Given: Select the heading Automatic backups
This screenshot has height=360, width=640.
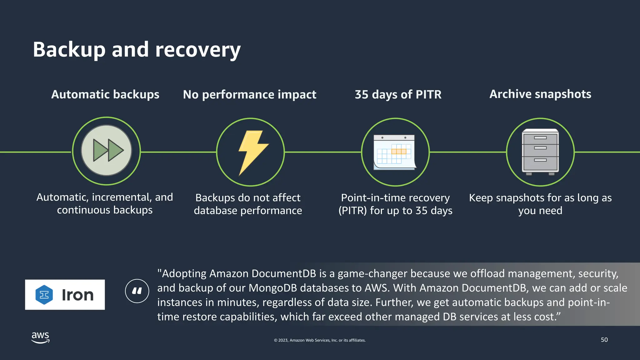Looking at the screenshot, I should pos(105,94).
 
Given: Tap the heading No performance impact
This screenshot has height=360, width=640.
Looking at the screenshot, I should pos(249,94).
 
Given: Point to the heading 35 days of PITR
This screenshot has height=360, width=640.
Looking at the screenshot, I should pos(398,94).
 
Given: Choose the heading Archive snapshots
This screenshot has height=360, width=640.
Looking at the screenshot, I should pos(540,94).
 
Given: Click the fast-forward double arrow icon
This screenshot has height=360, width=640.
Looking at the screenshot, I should pos(108,150).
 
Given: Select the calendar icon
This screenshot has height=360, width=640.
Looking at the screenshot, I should pos(395,152).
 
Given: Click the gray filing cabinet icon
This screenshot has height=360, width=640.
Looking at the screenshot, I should pos(540,152).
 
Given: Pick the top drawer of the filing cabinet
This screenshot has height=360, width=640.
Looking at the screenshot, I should pos(540,138).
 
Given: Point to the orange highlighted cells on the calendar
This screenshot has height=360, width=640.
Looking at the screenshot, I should pos(399,152).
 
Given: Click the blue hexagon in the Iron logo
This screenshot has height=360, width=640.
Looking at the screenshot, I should pos(44,295).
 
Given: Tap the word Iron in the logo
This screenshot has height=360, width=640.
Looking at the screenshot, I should pos(77,295).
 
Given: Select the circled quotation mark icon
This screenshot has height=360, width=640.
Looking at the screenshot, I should pos(137,291).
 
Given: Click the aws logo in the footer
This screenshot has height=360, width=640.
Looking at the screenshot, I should pos(40,337).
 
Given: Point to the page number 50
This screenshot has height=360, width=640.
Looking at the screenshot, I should pos(604,340).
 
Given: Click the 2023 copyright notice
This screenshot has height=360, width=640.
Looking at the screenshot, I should pos(320,340).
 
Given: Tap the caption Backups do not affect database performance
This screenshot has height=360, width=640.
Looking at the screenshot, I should pos(248,204).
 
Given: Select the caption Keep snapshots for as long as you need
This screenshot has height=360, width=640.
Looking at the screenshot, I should pos(540,204).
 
